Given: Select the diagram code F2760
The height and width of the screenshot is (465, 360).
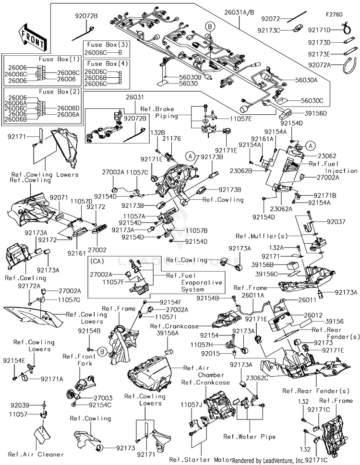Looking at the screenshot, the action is coord(334,14).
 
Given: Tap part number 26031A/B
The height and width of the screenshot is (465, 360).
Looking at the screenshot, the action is coord(239,12).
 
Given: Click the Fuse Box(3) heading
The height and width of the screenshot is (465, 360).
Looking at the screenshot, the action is coord(108,45).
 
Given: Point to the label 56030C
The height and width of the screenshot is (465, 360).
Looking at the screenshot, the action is coord(312,100).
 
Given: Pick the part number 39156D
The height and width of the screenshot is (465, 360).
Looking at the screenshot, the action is coord(315,113).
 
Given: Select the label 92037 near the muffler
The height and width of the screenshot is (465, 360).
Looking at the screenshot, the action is coord(336,222).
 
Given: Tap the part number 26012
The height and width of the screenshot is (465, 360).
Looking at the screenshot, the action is coord(313,315).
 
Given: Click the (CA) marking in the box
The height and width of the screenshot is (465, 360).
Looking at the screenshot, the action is coord(97,261).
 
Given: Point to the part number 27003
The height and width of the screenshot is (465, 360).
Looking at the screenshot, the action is coord(103,398).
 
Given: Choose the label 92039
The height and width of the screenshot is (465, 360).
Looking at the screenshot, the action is coord(20,405).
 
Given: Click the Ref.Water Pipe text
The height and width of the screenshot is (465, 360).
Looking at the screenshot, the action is coord(250,437).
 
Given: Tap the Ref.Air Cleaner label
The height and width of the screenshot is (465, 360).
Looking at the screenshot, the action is coord(36,454).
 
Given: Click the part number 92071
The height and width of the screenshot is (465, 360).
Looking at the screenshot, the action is coord(59,198).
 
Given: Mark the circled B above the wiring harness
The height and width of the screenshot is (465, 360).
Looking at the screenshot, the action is coord(210,26).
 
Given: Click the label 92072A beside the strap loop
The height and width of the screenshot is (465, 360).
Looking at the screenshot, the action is coord(319,65).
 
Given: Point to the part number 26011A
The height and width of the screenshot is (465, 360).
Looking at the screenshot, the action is coord(252,296).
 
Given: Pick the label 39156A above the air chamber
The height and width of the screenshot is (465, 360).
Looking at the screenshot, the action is coord(168,333).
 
